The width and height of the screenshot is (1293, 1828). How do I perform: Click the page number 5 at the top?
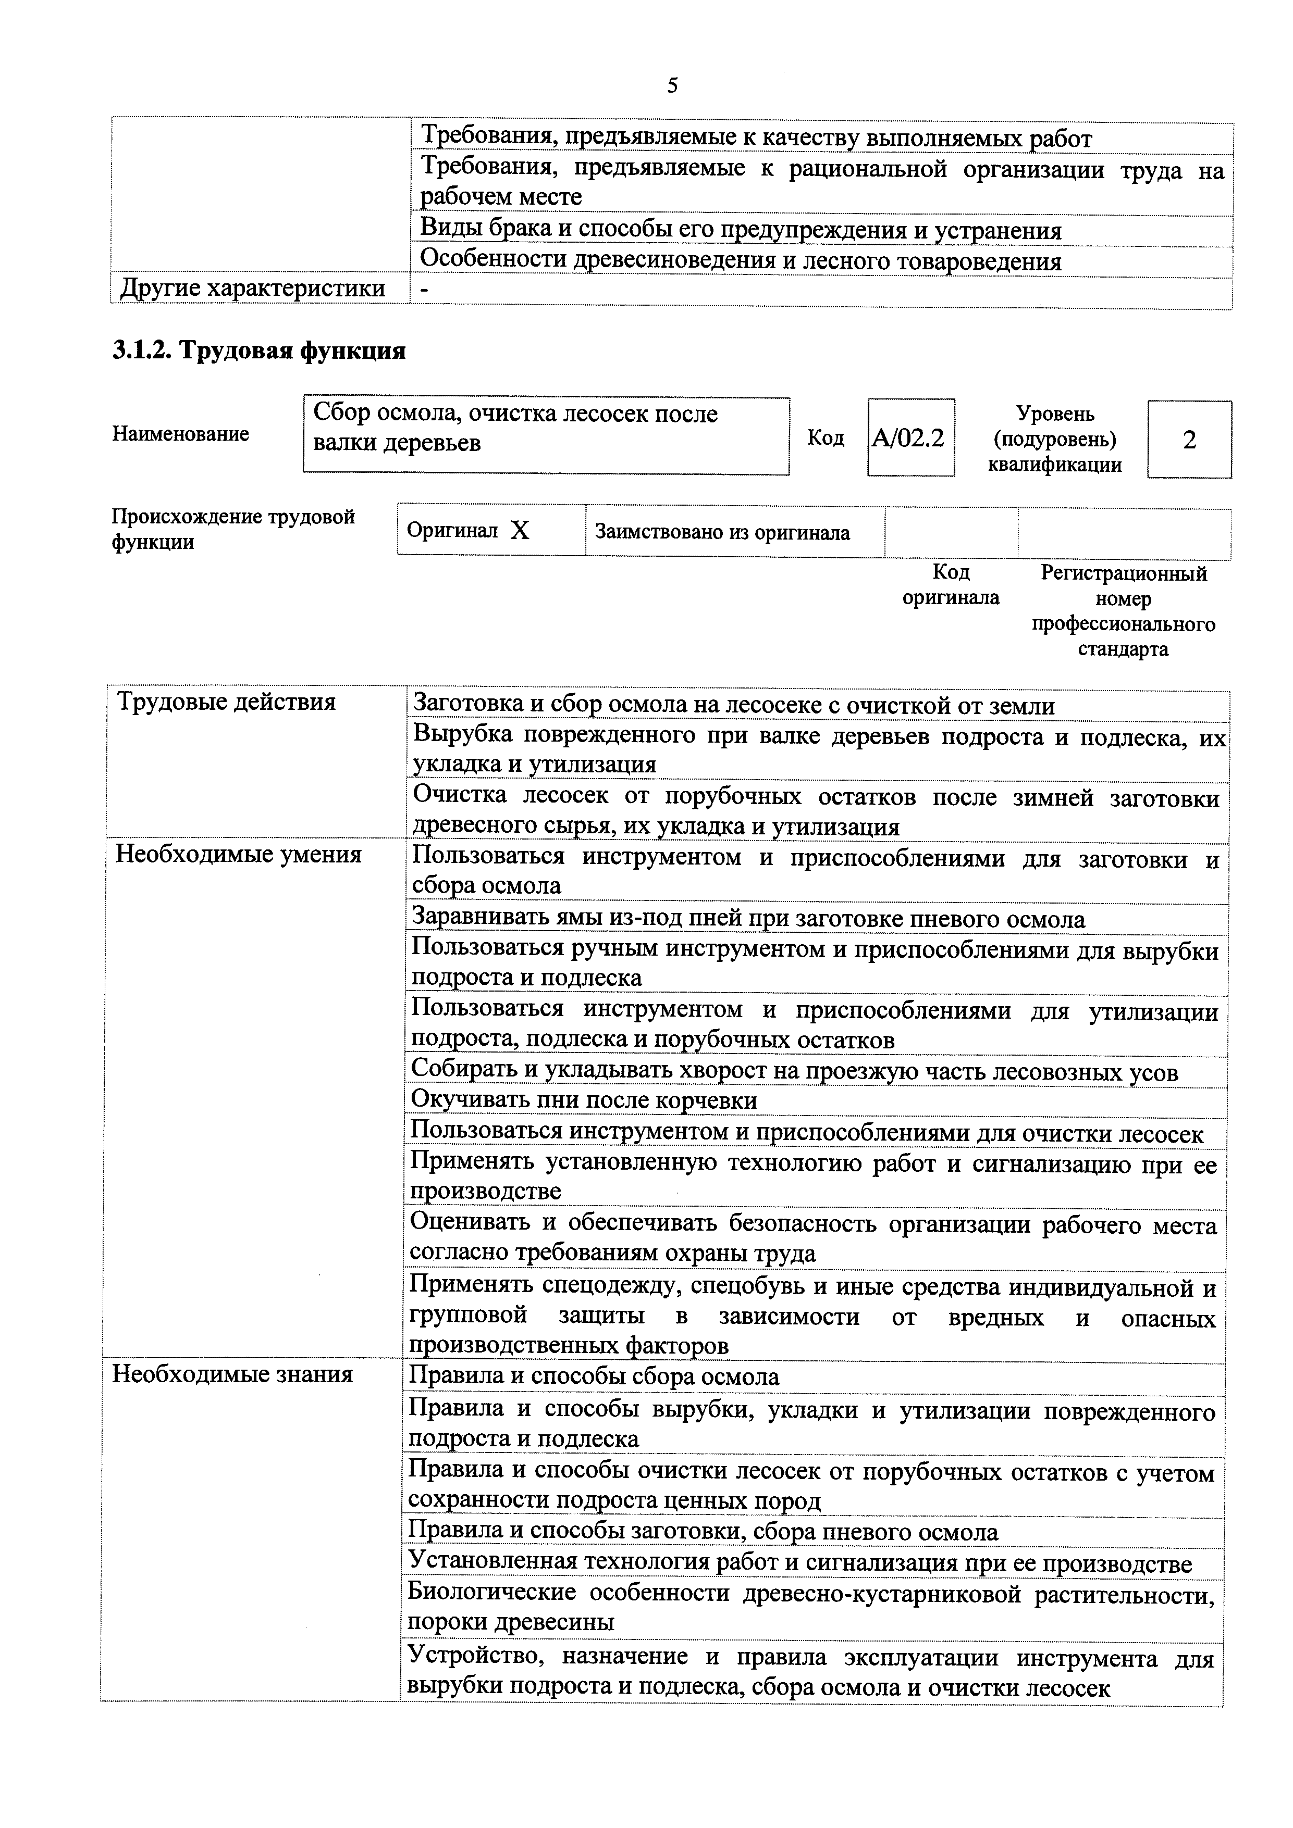click(672, 86)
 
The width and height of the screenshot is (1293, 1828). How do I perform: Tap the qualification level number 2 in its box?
click(1189, 440)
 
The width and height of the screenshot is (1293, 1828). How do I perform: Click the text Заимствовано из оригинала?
click(722, 533)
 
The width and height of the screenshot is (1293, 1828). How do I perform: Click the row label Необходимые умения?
click(238, 854)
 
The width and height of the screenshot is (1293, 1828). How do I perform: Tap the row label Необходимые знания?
click(232, 1375)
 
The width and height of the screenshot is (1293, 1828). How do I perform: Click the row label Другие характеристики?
click(253, 288)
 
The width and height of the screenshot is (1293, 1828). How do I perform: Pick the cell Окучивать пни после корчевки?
click(584, 1100)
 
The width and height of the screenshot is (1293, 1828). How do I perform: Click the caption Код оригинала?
click(951, 584)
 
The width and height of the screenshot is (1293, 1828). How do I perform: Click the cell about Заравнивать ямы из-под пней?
click(747, 920)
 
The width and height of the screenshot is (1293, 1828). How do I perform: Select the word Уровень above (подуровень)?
click(1055, 414)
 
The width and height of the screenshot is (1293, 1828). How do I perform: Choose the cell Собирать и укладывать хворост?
click(794, 1072)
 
